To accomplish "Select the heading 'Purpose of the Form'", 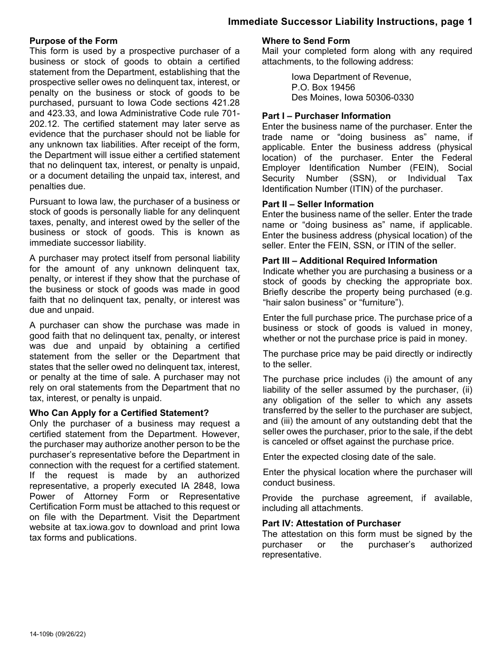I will (x=73, y=41).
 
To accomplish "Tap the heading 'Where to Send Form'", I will (x=306, y=41).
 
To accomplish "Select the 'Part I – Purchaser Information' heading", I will (x=326, y=116).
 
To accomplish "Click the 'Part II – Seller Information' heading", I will (x=318, y=204).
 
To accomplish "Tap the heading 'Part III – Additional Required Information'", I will (x=349, y=261).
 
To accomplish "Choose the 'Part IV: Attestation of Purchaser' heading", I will (x=331, y=523).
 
